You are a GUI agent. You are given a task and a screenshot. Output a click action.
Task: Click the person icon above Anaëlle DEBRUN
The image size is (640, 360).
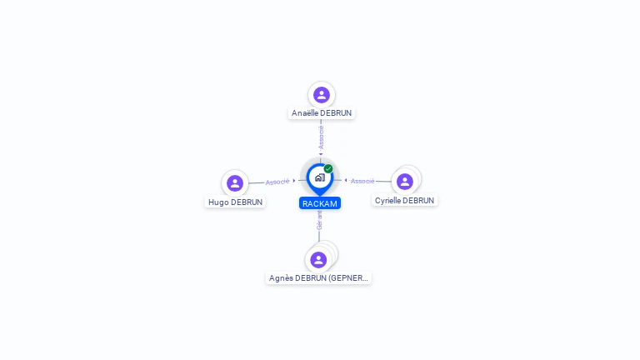pos(322,95)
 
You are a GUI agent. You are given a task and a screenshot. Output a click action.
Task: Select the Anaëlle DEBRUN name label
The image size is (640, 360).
pos(322,113)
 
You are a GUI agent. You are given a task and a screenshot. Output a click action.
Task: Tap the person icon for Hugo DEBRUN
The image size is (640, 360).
pos(235,183)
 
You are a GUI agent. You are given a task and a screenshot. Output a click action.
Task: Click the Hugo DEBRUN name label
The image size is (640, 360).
pos(236,202)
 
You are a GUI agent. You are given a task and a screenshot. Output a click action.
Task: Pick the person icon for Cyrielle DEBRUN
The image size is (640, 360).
pos(405,182)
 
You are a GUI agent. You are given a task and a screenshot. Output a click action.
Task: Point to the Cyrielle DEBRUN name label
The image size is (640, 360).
pos(404,200)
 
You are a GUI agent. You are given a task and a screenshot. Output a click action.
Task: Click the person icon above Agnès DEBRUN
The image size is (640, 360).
pos(318,260)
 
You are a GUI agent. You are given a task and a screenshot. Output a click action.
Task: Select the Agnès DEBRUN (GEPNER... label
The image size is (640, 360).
pos(318,278)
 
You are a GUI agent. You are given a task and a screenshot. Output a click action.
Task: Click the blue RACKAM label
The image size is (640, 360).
pos(320,203)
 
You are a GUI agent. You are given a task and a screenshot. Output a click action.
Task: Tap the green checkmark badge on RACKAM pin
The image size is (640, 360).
pos(328,168)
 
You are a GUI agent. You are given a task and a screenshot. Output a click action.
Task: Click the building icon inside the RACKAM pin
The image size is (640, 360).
pos(320,177)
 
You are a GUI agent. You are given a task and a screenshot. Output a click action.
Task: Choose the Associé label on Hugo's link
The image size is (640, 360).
pos(277,182)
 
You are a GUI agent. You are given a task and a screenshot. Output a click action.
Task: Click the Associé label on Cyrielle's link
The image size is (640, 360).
pos(362,181)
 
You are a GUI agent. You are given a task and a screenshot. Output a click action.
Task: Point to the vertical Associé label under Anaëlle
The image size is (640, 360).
pos(321,137)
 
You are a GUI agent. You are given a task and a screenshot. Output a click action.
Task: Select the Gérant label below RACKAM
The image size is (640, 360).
pos(320,220)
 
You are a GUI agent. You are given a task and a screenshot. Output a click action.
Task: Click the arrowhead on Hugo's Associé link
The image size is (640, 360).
pos(294,180)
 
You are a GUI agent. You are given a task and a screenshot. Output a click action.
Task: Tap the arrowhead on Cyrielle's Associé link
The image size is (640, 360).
pos(346,180)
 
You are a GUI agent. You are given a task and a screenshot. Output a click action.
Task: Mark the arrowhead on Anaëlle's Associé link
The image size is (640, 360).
pos(321,154)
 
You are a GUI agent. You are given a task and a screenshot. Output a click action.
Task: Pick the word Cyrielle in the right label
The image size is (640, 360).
pos(388,200)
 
